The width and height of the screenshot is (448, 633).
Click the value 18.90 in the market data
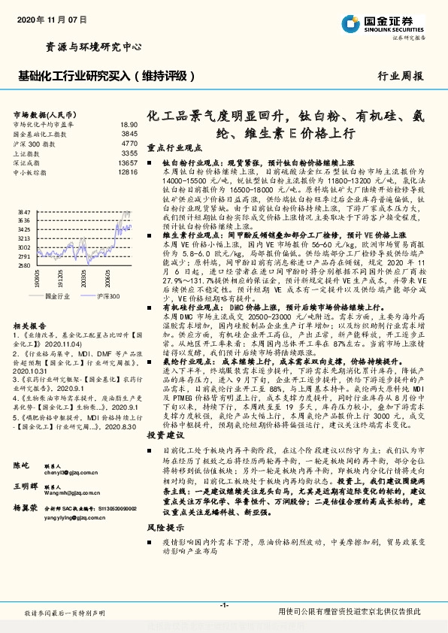129,124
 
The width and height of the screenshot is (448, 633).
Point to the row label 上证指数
29,153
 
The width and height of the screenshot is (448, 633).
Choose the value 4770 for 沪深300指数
129,143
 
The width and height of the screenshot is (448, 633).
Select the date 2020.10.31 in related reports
32,371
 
